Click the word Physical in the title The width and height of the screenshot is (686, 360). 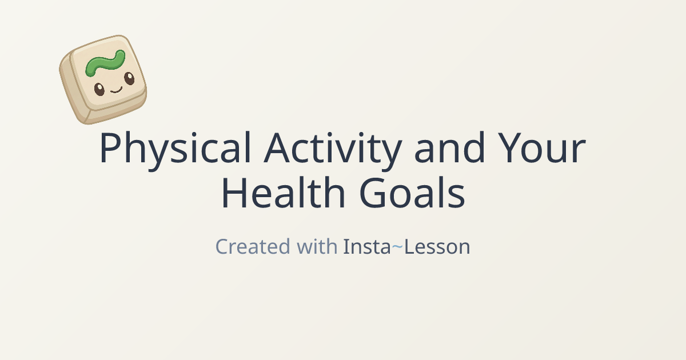pyautogui.click(x=175, y=150)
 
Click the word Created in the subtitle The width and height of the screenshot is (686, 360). pyautogui.click(x=252, y=247)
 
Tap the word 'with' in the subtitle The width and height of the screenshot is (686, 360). pyautogui.click(x=316, y=247)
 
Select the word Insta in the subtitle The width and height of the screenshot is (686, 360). pyautogui.click(x=366, y=247)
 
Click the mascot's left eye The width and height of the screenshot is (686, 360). pyautogui.click(x=99, y=89)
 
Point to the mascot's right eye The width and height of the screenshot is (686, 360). pyautogui.click(x=129, y=79)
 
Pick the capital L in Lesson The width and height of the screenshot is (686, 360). pyautogui.click(x=410, y=247)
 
